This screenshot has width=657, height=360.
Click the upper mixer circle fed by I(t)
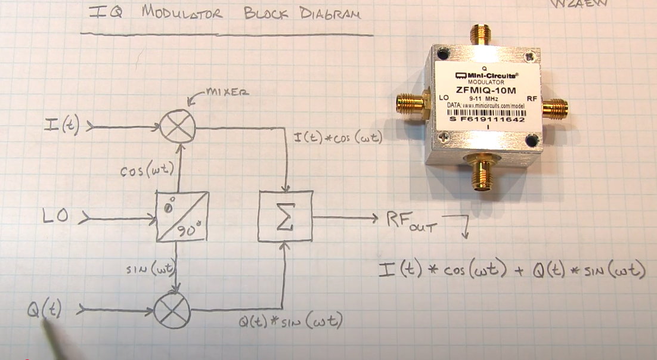(178, 128)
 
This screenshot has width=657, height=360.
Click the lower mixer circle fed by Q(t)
(172, 311)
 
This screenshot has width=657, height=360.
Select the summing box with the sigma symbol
(285, 216)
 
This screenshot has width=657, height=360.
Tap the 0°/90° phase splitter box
(182, 216)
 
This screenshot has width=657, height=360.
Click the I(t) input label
(61, 126)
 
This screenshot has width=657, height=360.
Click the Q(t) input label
(44, 310)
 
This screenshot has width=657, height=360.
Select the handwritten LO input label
(57, 218)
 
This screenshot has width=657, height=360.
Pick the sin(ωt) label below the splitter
(151, 269)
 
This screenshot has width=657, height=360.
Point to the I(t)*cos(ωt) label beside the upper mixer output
(337, 138)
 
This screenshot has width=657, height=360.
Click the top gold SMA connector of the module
(480, 34)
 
